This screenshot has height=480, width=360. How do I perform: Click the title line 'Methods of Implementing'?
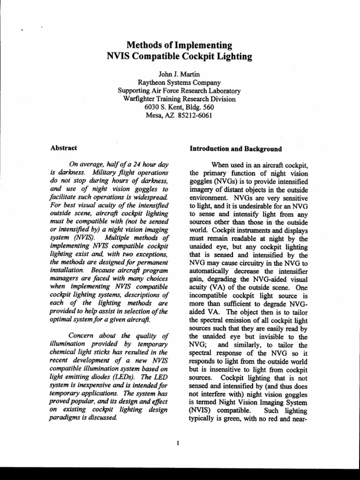pyautogui.click(x=180, y=45)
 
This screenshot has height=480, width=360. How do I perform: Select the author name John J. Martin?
pyautogui.click(x=180, y=74)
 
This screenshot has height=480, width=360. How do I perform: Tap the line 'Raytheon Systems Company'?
pyautogui.click(x=180, y=82)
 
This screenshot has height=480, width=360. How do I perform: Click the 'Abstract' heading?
pyautogui.click(x=63, y=149)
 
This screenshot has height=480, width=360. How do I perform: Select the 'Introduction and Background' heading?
pyautogui.click(x=235, y=149)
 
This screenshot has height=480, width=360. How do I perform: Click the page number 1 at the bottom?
pyautogui.click(x=179, y=443)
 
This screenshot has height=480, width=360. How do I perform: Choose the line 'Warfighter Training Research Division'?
pyautogui.click(x=180, y=99)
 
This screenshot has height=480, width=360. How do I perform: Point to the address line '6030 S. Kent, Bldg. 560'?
pyautogui.click(x=180, y=107)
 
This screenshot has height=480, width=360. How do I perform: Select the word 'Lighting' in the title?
pyautogui.click(x=234, y=57)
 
